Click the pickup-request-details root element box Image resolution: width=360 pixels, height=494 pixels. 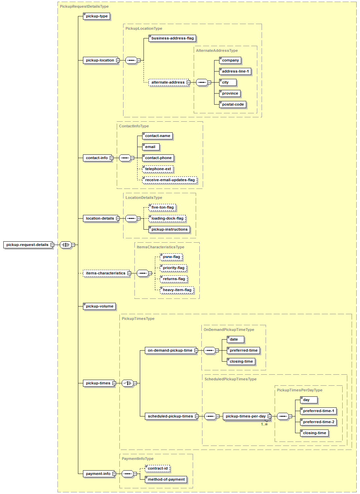point(28,245)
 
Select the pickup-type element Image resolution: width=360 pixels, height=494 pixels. point(96,16)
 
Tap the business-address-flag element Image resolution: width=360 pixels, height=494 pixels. point(172,38)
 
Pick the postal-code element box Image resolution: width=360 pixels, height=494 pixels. point(233,104)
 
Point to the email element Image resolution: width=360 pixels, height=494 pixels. point(151,147)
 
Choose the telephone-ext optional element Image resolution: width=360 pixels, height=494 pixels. point(158,169)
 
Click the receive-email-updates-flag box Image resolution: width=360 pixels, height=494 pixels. point(170,180)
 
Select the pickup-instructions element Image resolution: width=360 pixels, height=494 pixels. point(169,229)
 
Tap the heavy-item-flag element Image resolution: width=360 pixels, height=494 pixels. point(177,290)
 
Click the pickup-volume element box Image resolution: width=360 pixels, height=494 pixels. point(99,306)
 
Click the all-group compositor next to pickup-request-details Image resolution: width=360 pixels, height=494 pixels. point(66,245)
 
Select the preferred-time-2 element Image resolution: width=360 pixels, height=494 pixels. point(318,422)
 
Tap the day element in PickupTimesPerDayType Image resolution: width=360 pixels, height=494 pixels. point(309,400)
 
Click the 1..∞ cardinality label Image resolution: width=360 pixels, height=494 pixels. point(264,424)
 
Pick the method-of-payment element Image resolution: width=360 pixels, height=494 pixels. point(166,479)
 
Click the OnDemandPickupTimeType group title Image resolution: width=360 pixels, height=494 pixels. point(229,330)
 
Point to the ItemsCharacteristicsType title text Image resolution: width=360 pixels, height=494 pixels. point(161,247)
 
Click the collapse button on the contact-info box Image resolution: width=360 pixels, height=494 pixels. point(112,158)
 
